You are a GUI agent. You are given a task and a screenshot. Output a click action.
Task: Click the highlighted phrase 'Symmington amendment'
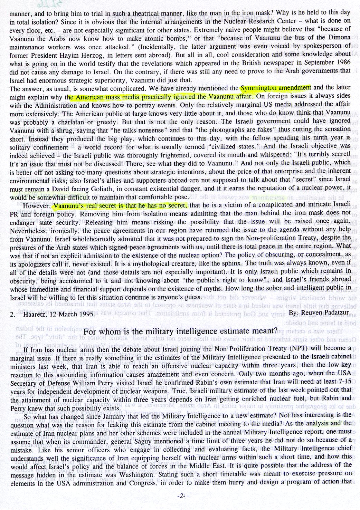pos(276,87)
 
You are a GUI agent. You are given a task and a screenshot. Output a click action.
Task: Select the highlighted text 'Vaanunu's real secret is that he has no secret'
pos(120,206)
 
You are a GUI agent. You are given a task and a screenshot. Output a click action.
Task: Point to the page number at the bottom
pos(180,496)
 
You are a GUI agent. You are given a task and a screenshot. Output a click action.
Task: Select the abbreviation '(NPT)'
pos(292,348)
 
